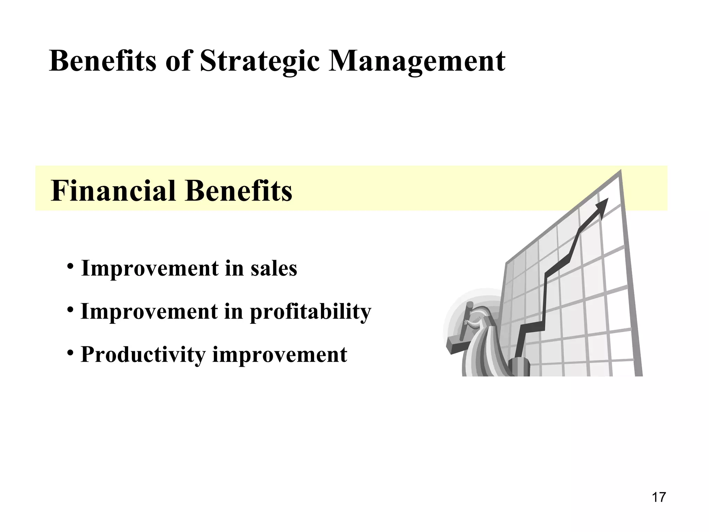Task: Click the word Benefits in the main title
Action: tap(102, 61)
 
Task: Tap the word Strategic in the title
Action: tap(260, 61)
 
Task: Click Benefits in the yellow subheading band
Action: tap(239, 191)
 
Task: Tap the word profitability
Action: tap(310, 312)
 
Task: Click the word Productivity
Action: tap(143, 355)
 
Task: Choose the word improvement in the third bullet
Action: tap(280, 355)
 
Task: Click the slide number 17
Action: tap(658, 497)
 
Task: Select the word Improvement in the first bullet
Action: tap(150, 268)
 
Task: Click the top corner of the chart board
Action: tap(620, 171)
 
